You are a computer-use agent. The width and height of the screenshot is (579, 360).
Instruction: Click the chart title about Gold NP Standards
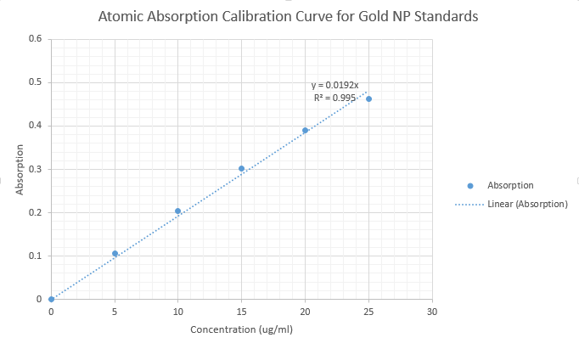289,16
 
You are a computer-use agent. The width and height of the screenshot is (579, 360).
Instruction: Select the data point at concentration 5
115,253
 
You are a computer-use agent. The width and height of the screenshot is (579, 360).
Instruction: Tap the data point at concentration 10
177,211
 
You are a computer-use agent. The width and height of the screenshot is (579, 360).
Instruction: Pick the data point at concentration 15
241,168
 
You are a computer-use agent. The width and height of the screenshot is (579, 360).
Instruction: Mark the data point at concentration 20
305,130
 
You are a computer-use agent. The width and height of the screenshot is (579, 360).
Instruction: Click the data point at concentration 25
368,98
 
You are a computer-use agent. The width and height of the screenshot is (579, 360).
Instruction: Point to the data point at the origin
51,299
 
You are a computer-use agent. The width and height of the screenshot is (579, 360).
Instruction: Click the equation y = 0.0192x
334,85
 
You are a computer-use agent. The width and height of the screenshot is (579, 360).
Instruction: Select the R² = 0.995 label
334,98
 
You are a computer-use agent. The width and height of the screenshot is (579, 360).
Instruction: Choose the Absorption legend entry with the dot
510,185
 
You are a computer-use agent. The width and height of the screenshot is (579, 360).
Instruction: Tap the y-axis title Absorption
20,170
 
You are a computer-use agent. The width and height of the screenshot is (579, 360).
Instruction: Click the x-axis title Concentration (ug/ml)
241,329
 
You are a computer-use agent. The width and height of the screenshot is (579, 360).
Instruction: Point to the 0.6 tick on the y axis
35,39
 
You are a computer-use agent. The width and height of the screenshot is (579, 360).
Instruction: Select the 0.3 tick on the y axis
35,169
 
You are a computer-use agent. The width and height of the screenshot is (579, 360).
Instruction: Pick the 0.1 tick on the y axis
35,256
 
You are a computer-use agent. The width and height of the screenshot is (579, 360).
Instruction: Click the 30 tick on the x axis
432,312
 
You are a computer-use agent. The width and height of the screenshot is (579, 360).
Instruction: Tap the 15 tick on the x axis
241,312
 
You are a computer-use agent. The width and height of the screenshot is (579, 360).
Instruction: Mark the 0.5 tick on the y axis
35,82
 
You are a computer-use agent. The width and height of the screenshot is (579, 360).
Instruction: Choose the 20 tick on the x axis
305,312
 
